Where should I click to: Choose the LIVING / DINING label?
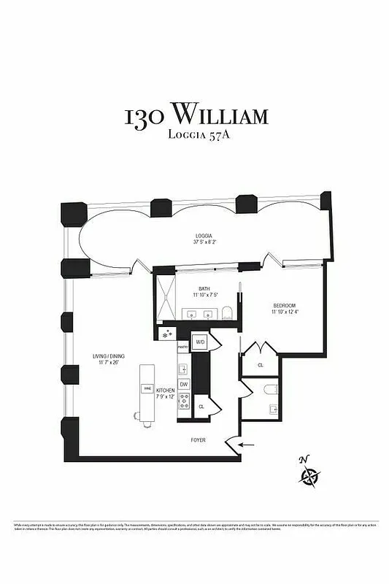pyautogui.click(x=105, y=358)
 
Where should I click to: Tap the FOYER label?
pyautogui.click(x=199, y=440)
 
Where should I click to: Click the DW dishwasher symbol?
pyautogui.click(x=184, y=384)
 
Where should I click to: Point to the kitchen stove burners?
pyautogui.click(x=184, y=400)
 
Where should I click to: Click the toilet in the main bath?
pyautogui.click(x=227, y=314)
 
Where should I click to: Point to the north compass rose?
pyautogui.click(x=309, y=474)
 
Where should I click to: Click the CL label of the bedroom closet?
pyautogui.click(x=261, y=364)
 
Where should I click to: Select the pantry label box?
pyautogui.click(x=182, y=347)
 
